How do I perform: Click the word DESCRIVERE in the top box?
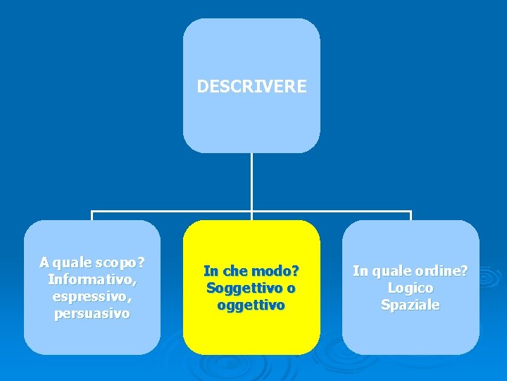pos(251,87)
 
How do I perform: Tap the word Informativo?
pos(92,279)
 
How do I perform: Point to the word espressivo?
pos(92,296)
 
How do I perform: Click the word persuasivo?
pos(92,313)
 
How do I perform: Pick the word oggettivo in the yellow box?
pos(251,305)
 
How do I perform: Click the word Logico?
pos(411,288)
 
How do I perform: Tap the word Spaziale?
pos(411,305)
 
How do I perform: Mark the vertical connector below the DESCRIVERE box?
pos(251,182)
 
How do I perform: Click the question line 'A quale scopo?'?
pos(92,262)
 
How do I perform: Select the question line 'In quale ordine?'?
pos(411,271)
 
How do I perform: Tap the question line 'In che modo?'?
pos(251,271)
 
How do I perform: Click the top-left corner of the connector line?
pos(92,211)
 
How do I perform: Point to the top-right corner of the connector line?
pos(411,211)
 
